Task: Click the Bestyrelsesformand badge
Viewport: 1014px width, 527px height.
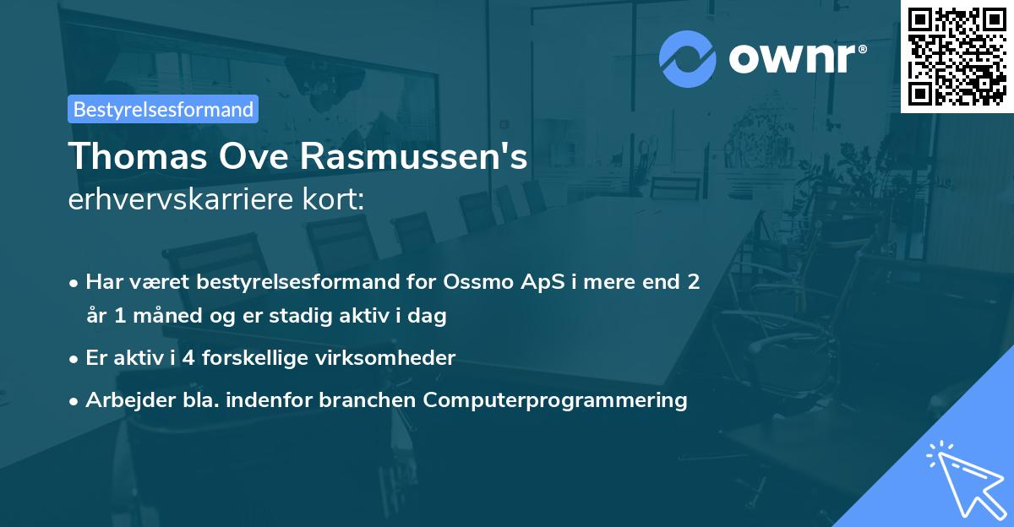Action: (x=163, y=109)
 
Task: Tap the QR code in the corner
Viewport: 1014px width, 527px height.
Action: (x=957, y=56)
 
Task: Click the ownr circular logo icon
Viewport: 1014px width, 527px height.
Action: (x=688, y=59)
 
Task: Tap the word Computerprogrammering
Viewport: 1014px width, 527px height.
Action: (x=555, y=399)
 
